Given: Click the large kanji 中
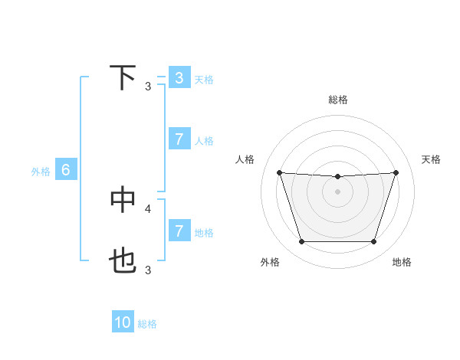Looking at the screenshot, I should pyautogui.click(x=123, y=199).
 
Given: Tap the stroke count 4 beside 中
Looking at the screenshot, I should pyautogui.click(x=148, y=208).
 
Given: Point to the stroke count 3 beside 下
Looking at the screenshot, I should pyautogui.click(x=148, y=86).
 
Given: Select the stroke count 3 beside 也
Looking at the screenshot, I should pyautogui.click(x=148, y=270).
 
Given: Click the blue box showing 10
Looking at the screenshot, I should pyautogui.click(x=123, y=322).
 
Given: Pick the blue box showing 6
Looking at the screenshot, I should pyautogui.click(x=66, y=170).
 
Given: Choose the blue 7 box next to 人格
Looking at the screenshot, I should pyautogui.click(x=179, y=139).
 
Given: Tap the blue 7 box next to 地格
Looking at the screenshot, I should pyautogui.click(x=179, y=231).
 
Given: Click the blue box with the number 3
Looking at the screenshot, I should pyautogui.click(x=179, y=78).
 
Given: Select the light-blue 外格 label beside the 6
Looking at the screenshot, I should pyautogui.click(x=41, y=172).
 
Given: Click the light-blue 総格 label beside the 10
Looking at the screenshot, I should pyautogui.click(x=147, y=324).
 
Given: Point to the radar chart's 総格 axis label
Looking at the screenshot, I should pyautogui.click(x=337, y=100).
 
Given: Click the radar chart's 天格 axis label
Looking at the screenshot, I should pyautogui.click(x=432, y=159).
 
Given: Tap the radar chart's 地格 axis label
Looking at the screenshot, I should pyautogui.click(x=402, y=262).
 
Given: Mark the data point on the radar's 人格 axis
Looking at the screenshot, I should pyautogui.click(x=279, y=172).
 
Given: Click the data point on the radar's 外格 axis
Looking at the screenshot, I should pyautogui.click(x=301, y=242).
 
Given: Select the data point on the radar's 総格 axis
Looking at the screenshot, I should pyautogui.click(x=337, y=177).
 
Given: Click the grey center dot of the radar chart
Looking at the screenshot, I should pyautogui.click(x=337, y=191).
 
